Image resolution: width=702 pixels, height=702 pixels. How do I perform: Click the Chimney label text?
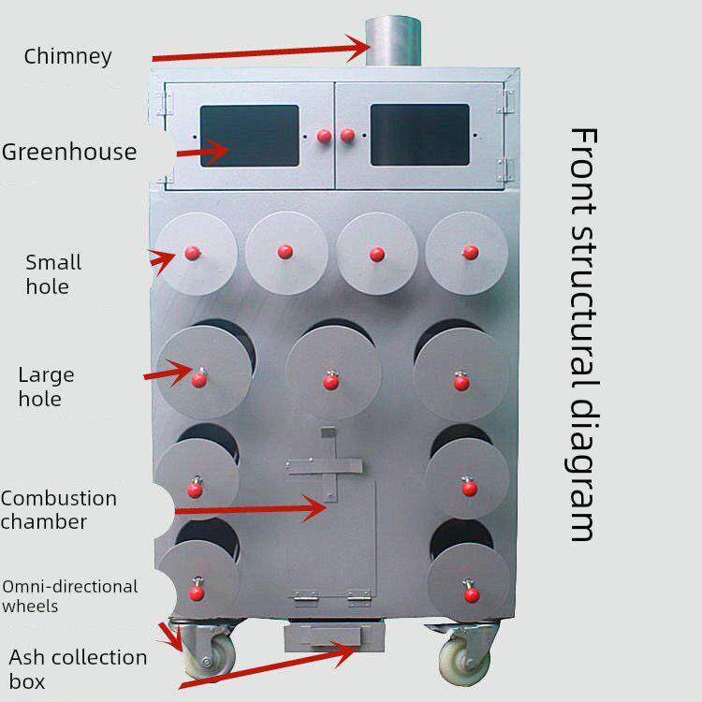[x=67, y=57]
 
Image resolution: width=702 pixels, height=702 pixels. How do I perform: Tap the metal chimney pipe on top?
[x=393, y=41]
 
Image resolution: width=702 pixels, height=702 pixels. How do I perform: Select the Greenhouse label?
[x=69, y=152]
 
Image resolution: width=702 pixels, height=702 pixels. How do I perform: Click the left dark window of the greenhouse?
[x=249, y=136]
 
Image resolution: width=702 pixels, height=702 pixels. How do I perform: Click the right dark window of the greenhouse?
[x=420, y=135]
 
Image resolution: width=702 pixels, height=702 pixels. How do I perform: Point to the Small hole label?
[x=53, y=274]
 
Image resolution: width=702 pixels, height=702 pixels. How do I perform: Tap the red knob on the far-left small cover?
[x=193, y=253]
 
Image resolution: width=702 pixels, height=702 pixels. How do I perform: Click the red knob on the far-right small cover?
[x=471, y=253]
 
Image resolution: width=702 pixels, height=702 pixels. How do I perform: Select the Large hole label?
[x=46, y=387]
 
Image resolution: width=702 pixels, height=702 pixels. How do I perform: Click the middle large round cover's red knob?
[x=330, y=381]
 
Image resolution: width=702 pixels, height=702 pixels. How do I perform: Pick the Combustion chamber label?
[x=59, y=510]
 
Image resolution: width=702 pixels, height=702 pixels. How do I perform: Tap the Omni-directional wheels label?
[x=70, y=596]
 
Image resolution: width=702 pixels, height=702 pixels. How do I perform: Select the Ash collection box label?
[x=78, y=669]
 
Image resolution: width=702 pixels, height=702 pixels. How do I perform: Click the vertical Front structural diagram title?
[x=583, y=334]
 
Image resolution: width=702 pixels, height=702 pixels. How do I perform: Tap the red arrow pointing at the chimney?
[x=261, y=52]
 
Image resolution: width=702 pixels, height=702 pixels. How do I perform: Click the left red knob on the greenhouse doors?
[x=324, y=136]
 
